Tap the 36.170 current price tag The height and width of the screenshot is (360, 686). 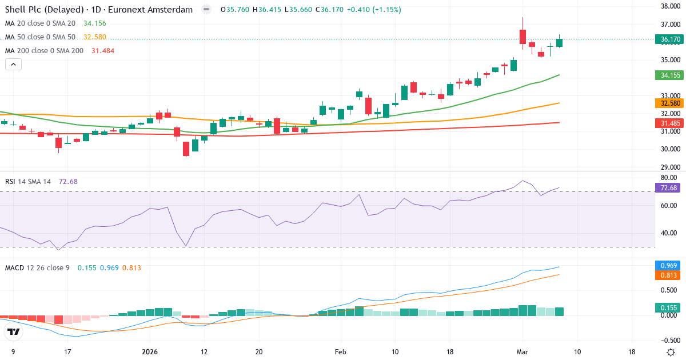pos(669,39)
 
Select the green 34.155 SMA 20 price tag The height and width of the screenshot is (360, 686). pos(669,75)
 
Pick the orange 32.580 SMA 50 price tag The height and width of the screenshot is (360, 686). pos(669,103)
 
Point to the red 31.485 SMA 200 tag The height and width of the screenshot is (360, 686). pos(669,123)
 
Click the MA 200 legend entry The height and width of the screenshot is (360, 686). pos(44,50)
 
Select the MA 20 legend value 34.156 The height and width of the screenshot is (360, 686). pos(94,23)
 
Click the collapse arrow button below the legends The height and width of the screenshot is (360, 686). pos(13,65)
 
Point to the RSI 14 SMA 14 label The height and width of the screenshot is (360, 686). pos(28,181)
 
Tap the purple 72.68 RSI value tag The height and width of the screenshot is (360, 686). pos(669,188)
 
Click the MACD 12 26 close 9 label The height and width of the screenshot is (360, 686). pos(37,267)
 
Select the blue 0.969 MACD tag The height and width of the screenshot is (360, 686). pos(669,266)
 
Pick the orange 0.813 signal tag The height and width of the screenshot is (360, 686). pos(669,275)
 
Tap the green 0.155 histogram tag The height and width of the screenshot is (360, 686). pos(669,307)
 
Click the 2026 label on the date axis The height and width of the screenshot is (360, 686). pos(150,352)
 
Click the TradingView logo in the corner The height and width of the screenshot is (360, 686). pos(14,332)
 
